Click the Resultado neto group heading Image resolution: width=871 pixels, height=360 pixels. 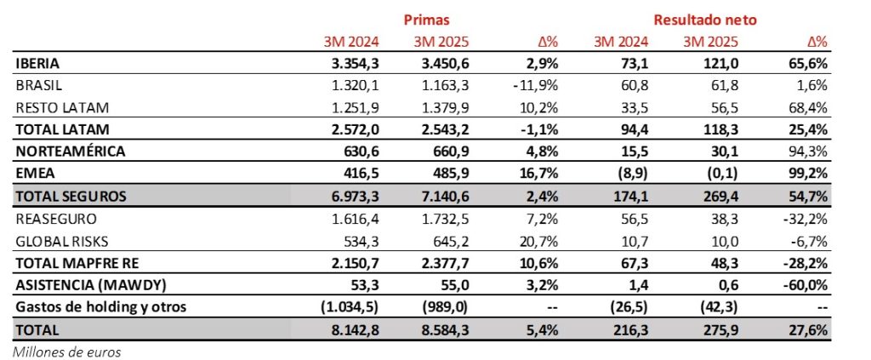pyautogui.click(x=705, y=19)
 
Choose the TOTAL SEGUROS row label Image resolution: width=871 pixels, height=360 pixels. pyautogui.click(x=71, y=196)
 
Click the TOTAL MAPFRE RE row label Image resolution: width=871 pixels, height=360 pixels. pyautogui.click(x=75, y=262)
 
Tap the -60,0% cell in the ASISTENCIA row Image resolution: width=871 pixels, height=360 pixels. pyautogui.click(x=806, y=284)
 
